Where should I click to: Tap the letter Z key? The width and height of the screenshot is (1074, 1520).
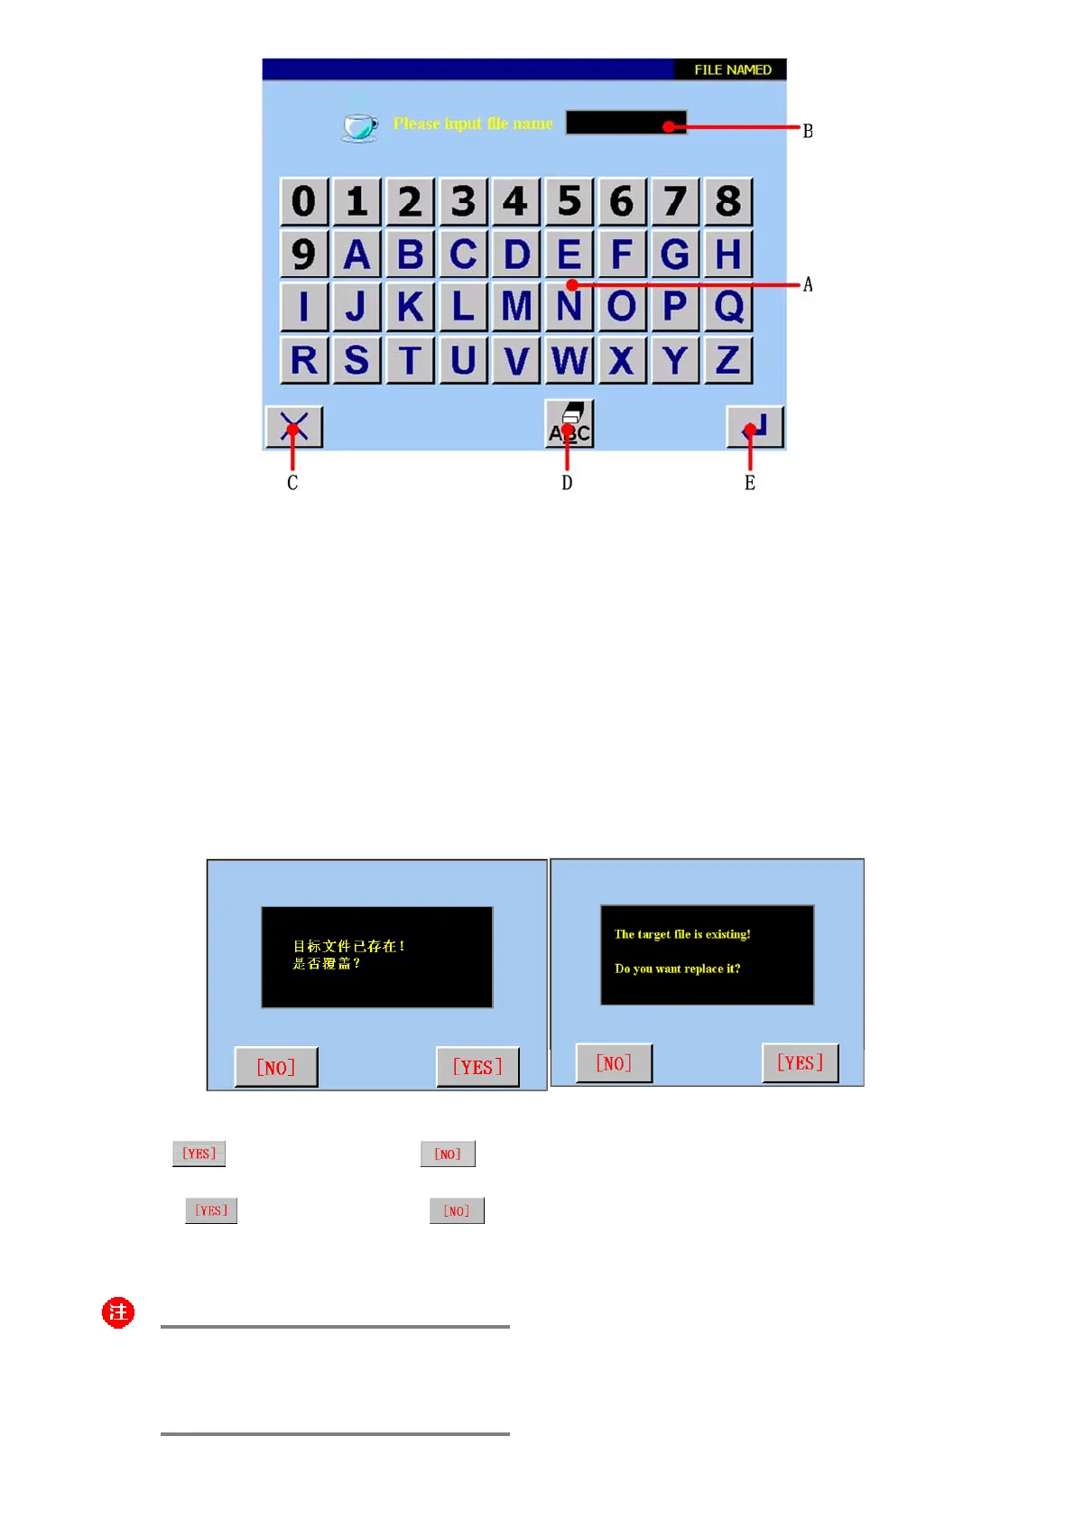[728, 360]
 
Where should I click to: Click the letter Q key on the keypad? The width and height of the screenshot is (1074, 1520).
[728, 307]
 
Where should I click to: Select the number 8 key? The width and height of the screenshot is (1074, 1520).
[728, 201]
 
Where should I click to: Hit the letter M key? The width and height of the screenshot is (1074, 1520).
[516, 307]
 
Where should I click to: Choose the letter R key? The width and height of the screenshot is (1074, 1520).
[304, 360]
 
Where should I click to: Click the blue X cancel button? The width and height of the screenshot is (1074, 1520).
[294, 427]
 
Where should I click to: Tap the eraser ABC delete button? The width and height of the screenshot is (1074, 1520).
[569, 424]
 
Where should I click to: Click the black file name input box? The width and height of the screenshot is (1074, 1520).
[626, 123]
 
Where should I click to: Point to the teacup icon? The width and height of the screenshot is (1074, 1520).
[360, 125]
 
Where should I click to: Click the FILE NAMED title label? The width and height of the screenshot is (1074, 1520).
[732, 70]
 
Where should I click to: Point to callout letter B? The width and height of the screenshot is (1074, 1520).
[808, 132]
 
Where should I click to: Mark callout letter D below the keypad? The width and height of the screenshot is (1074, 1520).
[567, 483]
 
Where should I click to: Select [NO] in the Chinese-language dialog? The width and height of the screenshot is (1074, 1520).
[276, 1068]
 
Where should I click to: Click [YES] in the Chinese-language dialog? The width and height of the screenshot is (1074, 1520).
[477, 1068]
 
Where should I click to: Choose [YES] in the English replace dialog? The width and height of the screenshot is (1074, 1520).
[800, 1063]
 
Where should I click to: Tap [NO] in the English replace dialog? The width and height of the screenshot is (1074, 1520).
[614, 1063]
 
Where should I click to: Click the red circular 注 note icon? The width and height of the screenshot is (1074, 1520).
[118, 1312]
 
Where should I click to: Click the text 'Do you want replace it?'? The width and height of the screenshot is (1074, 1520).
[677, 969]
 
